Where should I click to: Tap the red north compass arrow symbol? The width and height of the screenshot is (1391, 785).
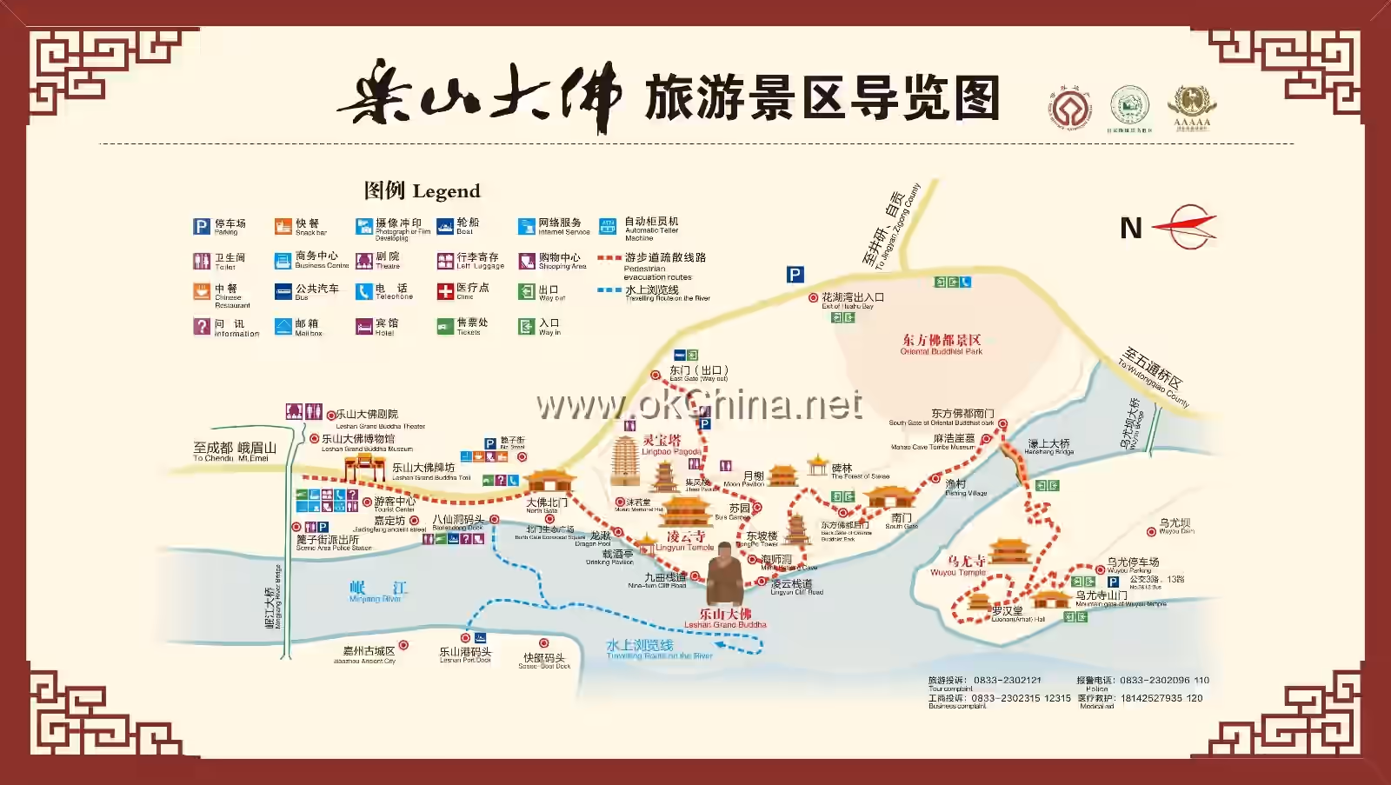click(1186, 227)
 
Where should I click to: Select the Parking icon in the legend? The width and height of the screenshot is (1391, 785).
click(202, 226)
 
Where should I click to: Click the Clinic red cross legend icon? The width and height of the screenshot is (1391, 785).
click(445, 290)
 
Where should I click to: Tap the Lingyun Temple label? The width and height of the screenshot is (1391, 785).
click(685, 541)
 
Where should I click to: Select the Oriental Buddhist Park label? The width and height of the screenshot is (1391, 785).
click(942, 344)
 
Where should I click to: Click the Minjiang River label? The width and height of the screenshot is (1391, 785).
click(376, 592)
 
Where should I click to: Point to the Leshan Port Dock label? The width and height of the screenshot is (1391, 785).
click(465, 654)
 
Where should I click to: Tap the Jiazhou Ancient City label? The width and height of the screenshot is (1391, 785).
click(369, 654)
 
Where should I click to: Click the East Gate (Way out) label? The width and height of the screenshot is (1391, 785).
click(698, 373)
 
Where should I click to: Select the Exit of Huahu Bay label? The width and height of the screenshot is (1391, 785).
click(852, 300)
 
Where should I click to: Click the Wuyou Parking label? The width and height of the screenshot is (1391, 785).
click(1132, 564)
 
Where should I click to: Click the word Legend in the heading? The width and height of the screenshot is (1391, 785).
click(446, 191)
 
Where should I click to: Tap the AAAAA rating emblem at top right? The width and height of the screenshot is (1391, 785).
click(1191, 106)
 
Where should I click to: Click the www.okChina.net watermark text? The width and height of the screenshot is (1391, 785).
click(700, 405)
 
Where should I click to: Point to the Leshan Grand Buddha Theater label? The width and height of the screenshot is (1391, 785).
click(380, 418)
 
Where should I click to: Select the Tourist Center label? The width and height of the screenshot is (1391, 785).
click(395, 504)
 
